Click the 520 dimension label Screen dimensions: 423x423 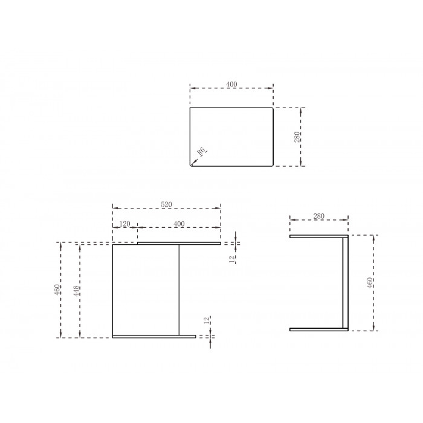(x=166, y=204)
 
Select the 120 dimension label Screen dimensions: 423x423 (x=124, y=224)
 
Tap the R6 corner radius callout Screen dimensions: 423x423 (x=201, y=151)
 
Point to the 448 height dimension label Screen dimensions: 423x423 (x=77, y=291)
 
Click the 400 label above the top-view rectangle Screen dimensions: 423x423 (x=231, y=85)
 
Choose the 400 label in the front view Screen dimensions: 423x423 (x=179, y=224)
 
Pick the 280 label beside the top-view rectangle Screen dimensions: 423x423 (x=297, y=137)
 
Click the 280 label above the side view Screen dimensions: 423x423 (x=318, y=216)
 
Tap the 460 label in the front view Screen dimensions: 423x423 (x=57, y=289)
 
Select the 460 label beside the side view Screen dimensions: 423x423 (x=370, y=282)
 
